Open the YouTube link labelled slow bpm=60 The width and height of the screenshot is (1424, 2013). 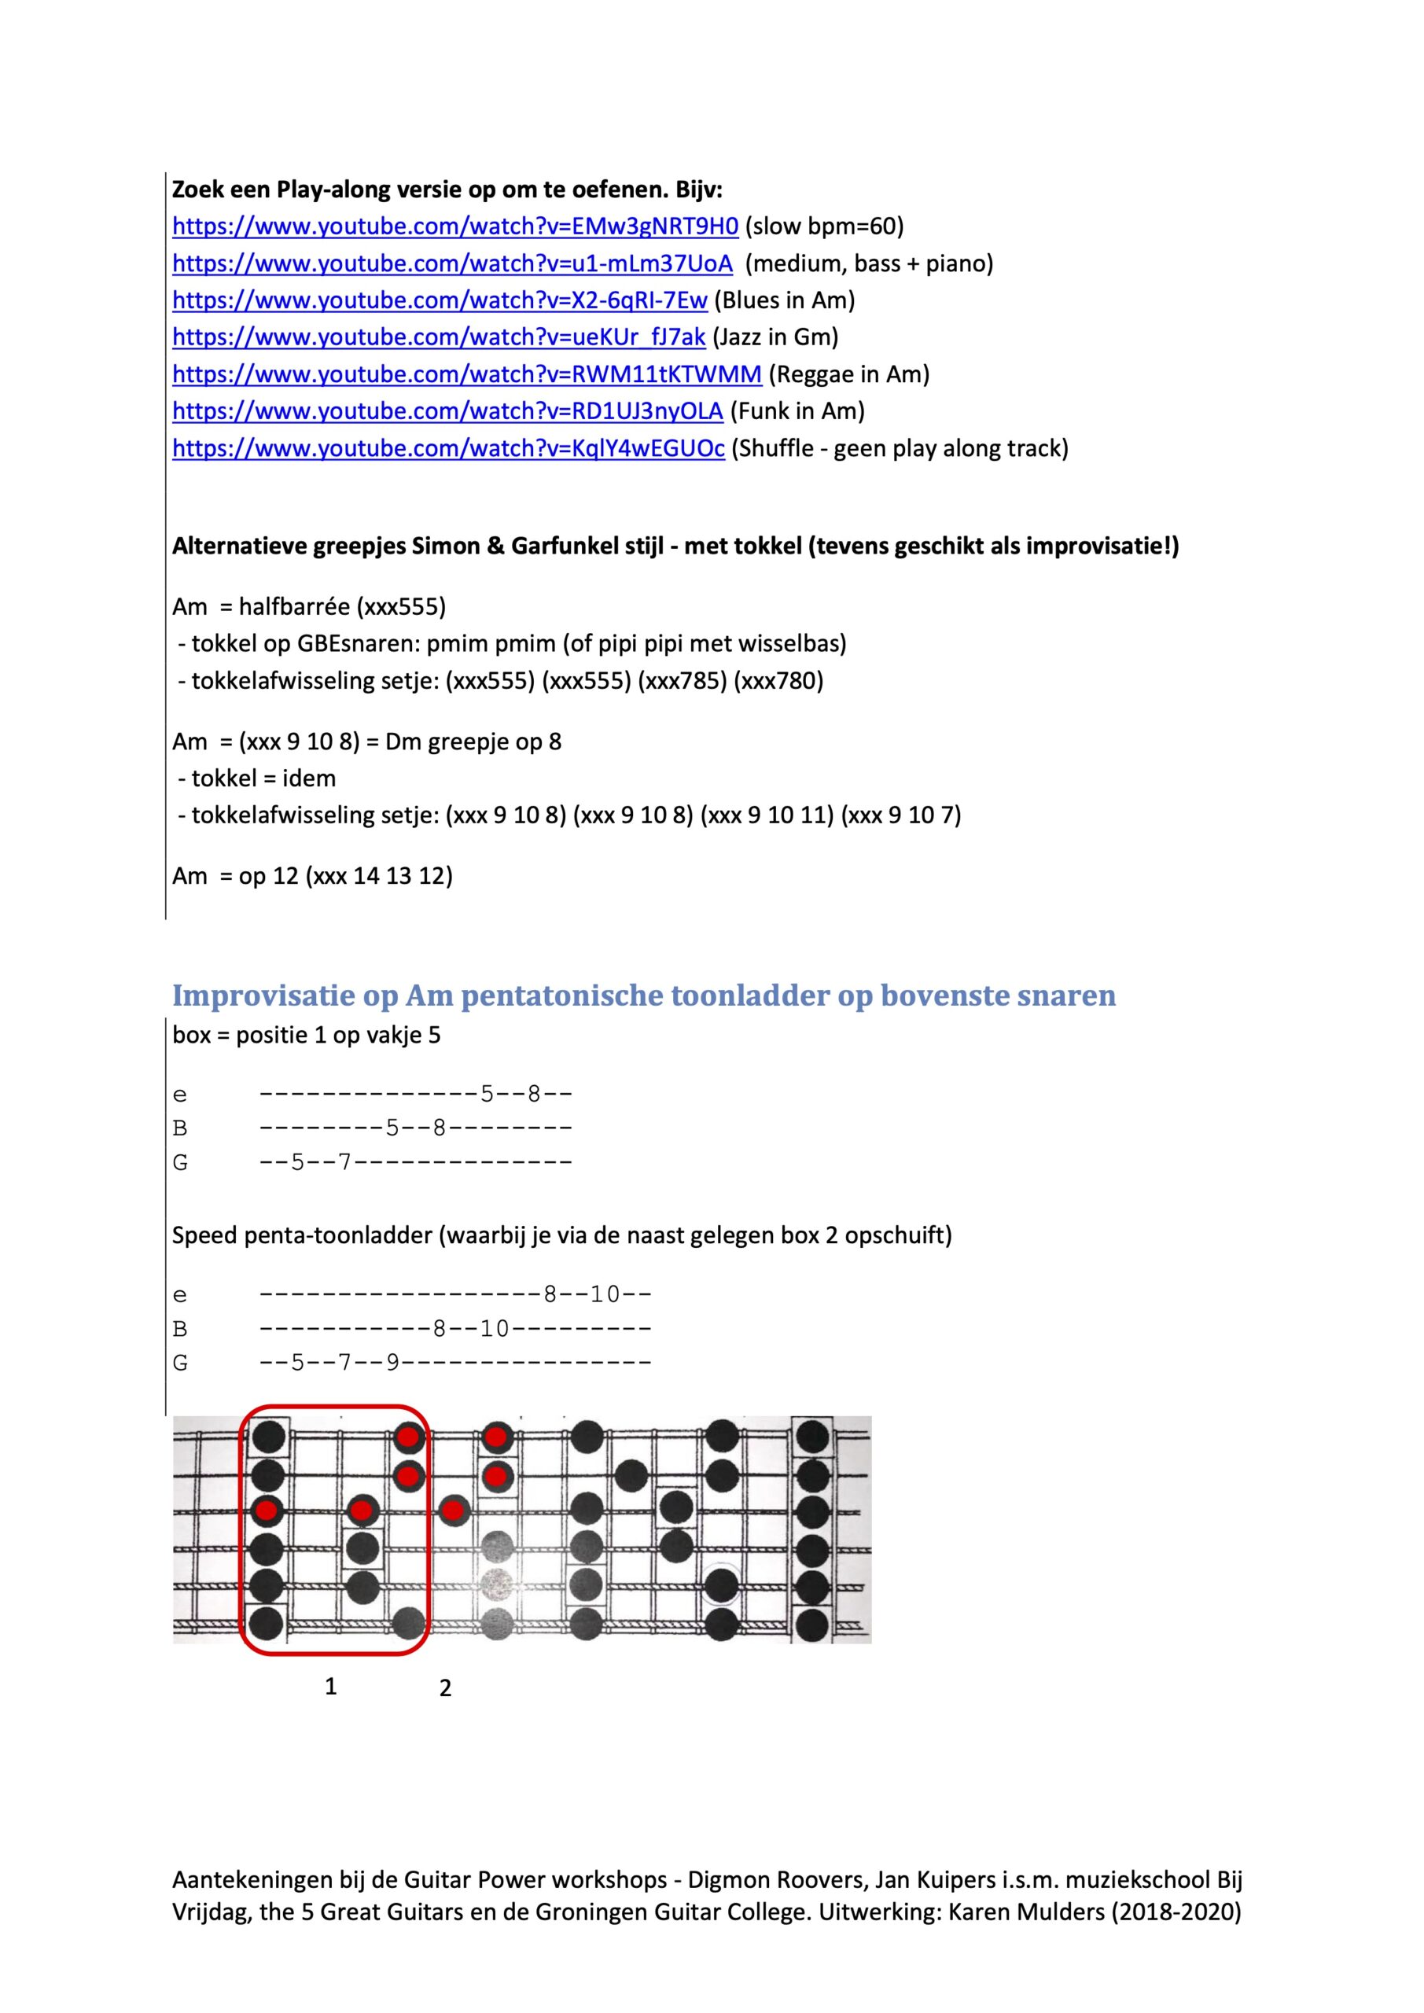click(x=455, y=226)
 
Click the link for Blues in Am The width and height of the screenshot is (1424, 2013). click(x=440, y=300)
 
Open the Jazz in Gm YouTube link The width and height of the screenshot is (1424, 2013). click(x=439, y=337)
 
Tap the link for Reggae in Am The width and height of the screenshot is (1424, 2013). click(x=466, y=374)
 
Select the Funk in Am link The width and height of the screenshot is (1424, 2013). click(x=447, y=411)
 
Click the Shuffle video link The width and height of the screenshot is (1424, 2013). click(x=448, y=448)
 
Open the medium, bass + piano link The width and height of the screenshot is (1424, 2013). click(x=451, y=263)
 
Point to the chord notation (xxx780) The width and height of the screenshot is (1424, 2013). click(x=778, y=680)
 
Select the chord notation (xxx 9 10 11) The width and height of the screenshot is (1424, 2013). click(x=767, y=815)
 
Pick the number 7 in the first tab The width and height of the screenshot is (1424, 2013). click(x=344, y=1161)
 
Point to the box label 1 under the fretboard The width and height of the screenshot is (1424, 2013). click(x=330, y=1686)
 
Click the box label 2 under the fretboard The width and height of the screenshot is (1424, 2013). click(x=445, y=1687)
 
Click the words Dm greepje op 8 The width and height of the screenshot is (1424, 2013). click(x=473, y=742)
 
